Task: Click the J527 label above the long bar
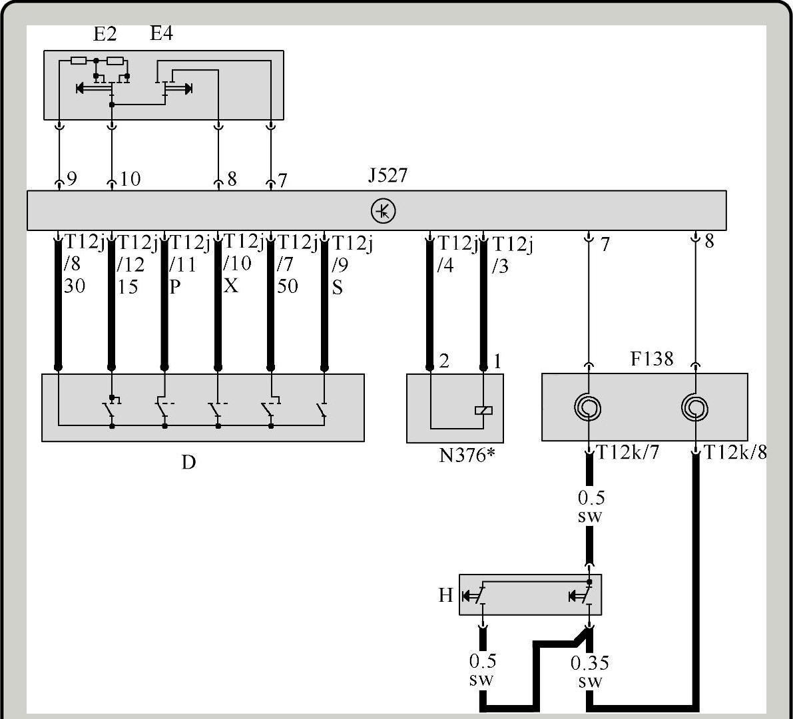[388, 176]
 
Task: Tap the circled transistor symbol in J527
[384, 211]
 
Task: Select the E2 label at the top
[105, 34]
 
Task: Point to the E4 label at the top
[162, 33]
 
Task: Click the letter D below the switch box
[188, 462]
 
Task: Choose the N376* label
[466, 455]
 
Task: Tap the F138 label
[652, 358]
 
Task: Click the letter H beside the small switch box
[445, 595]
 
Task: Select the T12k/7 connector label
[629, 452]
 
